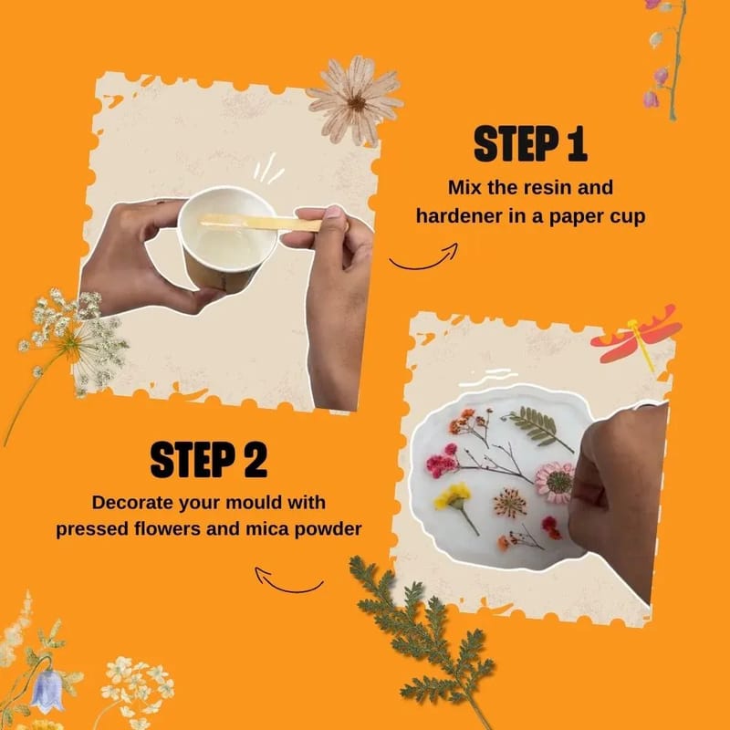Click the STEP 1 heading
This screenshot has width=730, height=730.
pyautogui.click(x=530, y=144)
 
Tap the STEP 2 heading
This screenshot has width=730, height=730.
pyautogui.click(x=209, y=460)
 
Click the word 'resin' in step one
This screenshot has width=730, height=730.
pyautogui.click(x=547, y=188)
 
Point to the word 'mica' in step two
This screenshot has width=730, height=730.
pyautogui.click(x=266, y=529)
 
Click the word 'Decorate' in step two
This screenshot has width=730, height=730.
pyautogui.click(x=132, y=503)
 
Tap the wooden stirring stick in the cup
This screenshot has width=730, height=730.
pyautogui.click(x=261, y=223)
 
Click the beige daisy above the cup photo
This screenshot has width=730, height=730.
pyautogui.click(x=356, y=100)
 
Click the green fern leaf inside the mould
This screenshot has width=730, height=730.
pyautogui.click(x=538, y=425)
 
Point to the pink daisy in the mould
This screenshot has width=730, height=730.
pyautogui.click(x=555, y=483)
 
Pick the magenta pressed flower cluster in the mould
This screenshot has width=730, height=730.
pyautogui.click(x=443, y=462)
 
